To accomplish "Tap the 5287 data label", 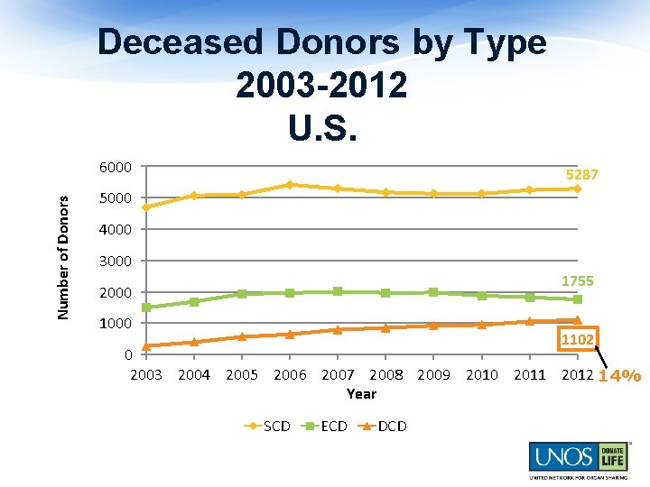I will pos(581,173).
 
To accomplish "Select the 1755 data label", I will pos(577,280).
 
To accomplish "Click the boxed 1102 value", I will pos(577,339).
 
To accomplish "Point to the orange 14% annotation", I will pos(619,375).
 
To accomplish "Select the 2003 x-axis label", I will pos(146,374).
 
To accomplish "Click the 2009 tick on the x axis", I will pos(433,374).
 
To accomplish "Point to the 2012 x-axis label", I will pos(577,374).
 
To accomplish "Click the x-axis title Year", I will pos(361,394).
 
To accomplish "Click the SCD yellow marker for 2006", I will pos(289,184).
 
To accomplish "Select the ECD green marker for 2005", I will pos(241,294).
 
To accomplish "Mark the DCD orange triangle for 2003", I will pos(146,345).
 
